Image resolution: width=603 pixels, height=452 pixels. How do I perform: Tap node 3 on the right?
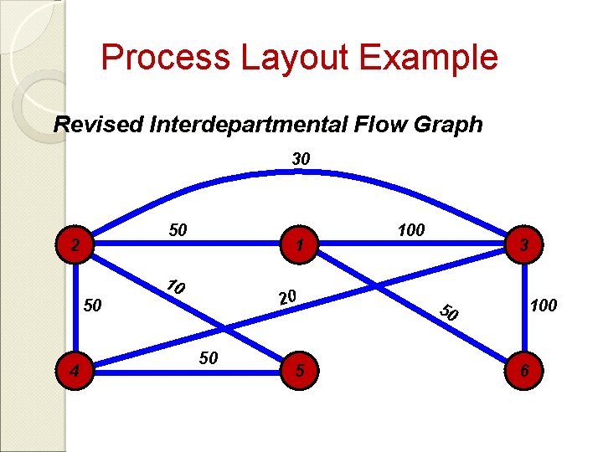[523, 245]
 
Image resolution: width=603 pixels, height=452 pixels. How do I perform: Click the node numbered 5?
[301, 367]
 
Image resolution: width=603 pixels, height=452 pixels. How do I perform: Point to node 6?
[523, 368]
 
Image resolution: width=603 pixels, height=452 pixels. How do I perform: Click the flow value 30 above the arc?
[301, 158]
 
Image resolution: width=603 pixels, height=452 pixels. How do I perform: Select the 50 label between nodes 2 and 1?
[178, 229]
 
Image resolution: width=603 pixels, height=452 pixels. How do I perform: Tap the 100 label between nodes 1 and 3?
[411, 229]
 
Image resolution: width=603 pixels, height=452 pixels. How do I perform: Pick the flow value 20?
[287, 297]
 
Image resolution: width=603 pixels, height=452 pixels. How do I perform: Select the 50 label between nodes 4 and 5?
[209, 358]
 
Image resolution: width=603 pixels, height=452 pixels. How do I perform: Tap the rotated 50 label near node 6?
[451, 313]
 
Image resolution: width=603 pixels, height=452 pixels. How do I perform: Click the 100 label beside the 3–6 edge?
[543, 306]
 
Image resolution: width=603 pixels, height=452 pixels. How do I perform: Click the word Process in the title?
[165, 58]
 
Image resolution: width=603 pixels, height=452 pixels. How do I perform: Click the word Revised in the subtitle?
[98, 125]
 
